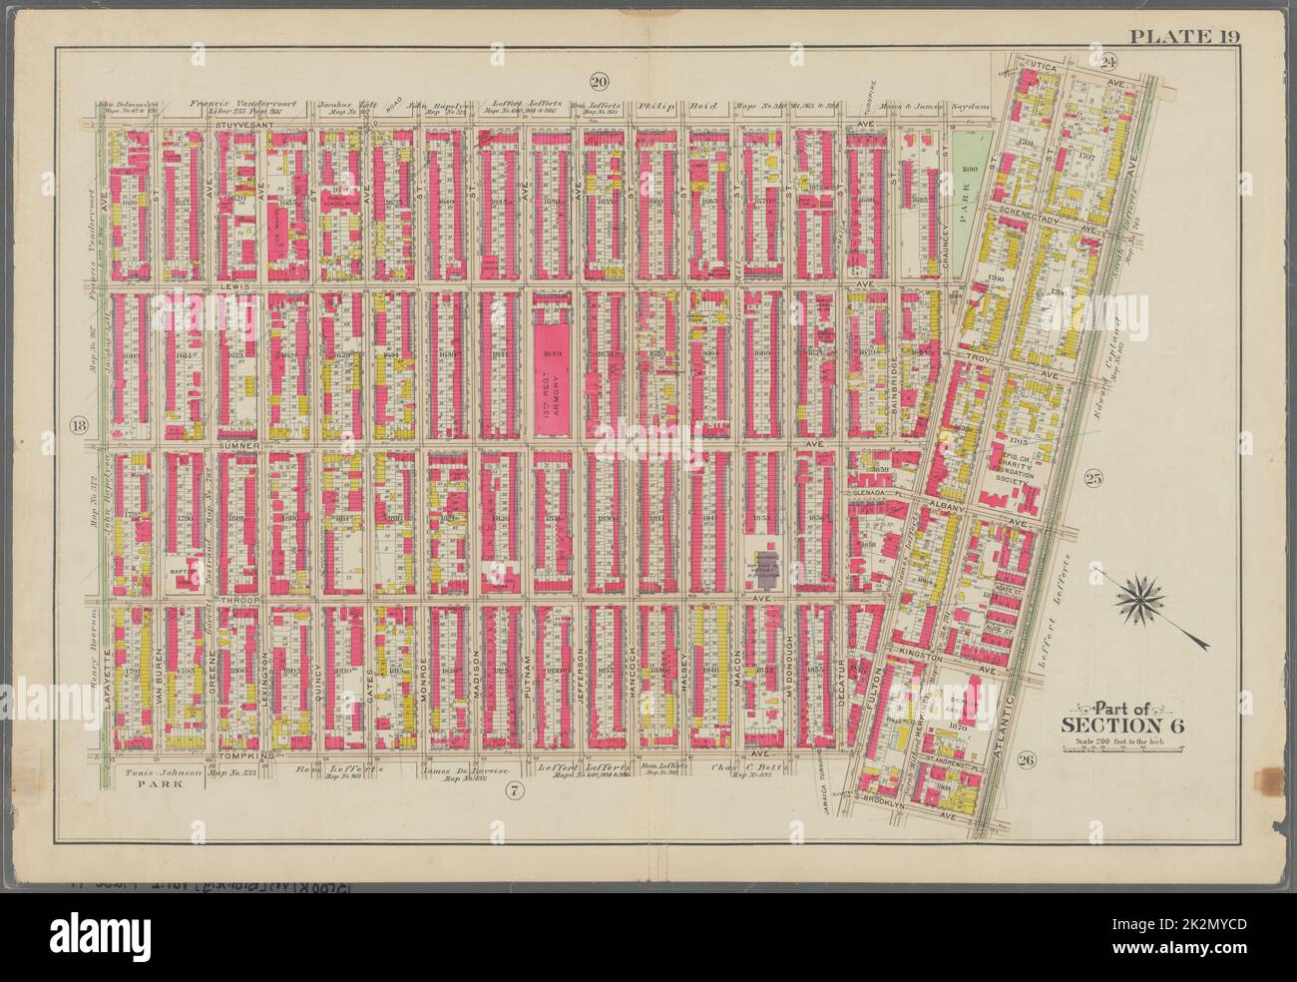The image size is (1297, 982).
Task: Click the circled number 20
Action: [599, 81]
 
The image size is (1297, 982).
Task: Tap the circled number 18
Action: [77, 426]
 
